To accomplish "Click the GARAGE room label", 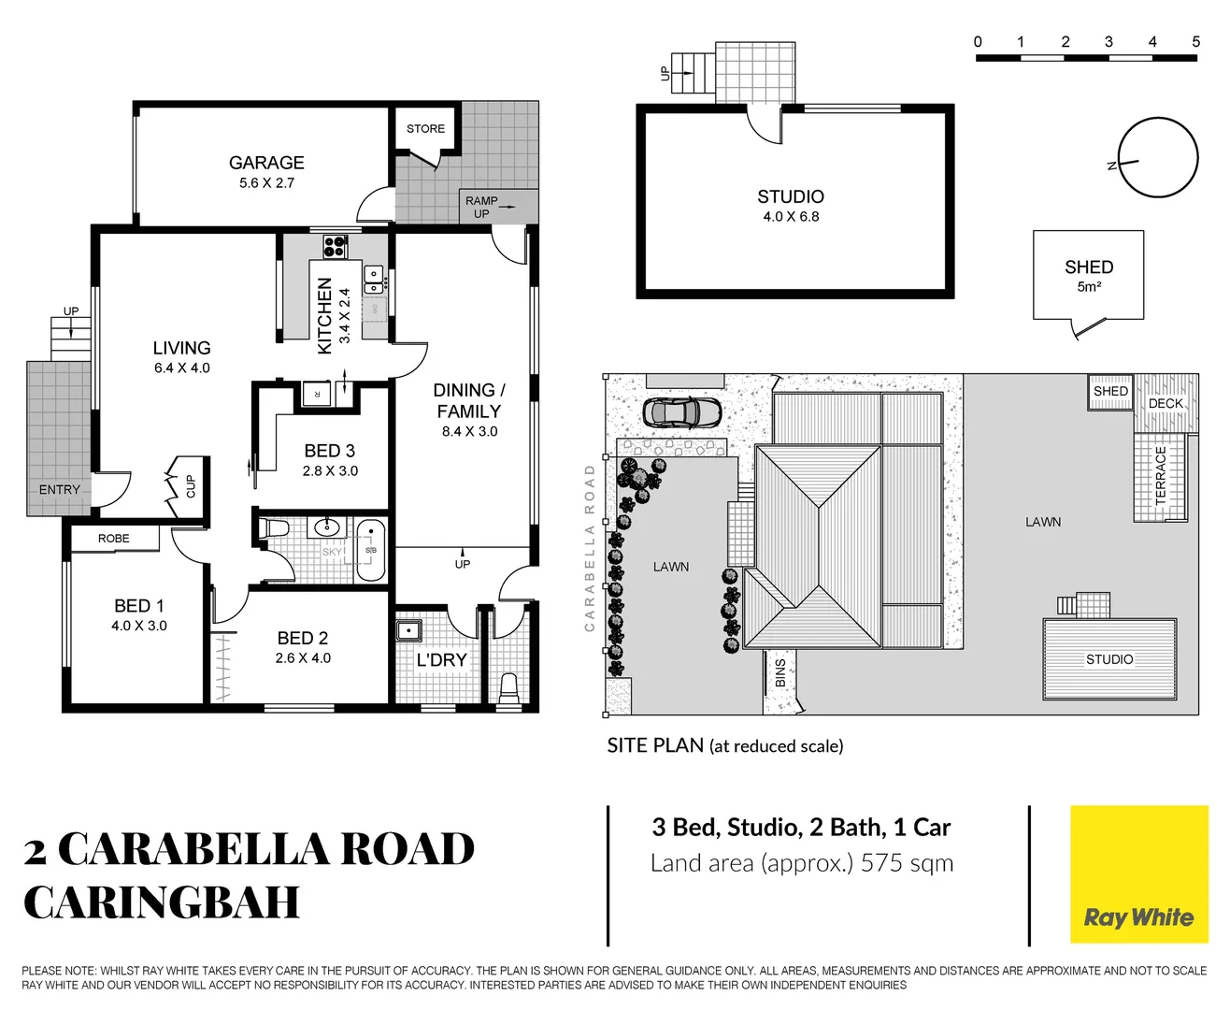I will coord(266,163).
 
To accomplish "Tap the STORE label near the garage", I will coord(425,129).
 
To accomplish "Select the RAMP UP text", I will coord(481,207).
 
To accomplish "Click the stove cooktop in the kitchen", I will coord(335,246).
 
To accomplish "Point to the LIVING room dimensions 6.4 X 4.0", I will coord(182,368).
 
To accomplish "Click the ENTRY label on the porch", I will coord(60,490).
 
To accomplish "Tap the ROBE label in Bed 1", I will coord(114,539).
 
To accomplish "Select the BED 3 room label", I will coord(330,451).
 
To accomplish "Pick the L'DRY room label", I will coord(441,659).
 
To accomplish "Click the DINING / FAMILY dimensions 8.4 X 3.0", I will coord(469,432).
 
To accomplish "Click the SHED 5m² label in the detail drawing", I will coord(1089,275).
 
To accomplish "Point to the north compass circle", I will coord(1157,158).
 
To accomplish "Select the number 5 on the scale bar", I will coord(1195,42).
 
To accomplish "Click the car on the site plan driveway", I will coord(682,411).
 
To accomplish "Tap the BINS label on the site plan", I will coord(780,673).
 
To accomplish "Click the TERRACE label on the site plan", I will coord(1161,475).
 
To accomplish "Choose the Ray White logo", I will coord(1138,874).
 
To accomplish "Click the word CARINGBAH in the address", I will coord(162,902).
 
